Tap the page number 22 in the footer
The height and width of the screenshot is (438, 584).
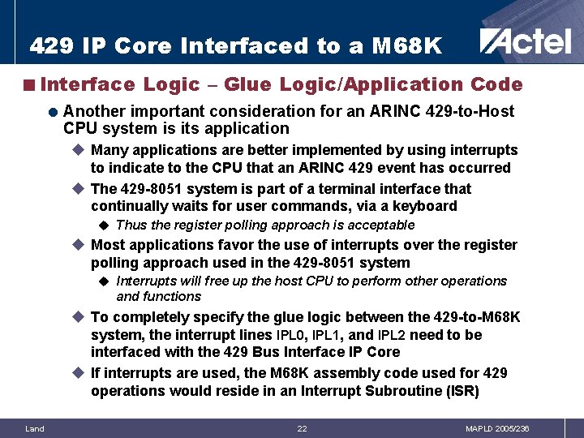[x=302, y=428]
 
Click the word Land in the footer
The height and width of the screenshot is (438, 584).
[x=35, y=428]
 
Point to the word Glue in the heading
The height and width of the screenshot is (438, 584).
[x=247, y=84]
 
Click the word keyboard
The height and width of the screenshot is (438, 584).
[x=427, y=206]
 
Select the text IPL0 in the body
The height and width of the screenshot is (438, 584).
[x=291, y=335]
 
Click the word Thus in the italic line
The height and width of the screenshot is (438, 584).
[x=131, y=225]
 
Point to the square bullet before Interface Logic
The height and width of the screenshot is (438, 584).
[x=29, y=84]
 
